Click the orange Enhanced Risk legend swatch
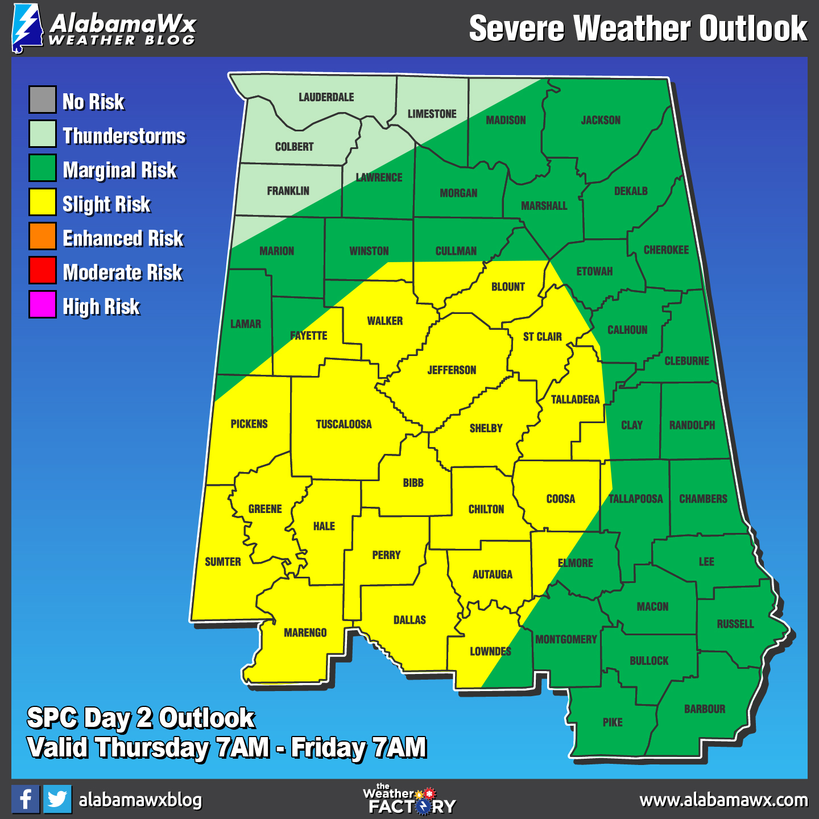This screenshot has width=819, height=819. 43,237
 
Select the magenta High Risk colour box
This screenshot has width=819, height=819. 43,304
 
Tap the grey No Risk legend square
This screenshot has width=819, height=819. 43,100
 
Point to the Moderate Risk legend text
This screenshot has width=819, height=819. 123,272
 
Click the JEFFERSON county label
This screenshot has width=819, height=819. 452,370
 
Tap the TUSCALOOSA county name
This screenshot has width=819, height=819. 344,424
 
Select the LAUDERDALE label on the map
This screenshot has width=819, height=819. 326,97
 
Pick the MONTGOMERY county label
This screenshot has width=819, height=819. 566,640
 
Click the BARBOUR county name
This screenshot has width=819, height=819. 705,709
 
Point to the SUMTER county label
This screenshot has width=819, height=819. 223,562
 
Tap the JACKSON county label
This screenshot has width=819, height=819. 601,120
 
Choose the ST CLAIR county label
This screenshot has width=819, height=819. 542,337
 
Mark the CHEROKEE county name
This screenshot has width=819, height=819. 666,250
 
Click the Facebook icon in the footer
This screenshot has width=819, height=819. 26,799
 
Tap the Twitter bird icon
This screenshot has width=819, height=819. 57,799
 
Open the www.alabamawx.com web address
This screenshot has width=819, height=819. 723,800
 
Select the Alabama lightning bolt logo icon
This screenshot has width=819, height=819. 27,28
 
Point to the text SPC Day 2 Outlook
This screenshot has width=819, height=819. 141,718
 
